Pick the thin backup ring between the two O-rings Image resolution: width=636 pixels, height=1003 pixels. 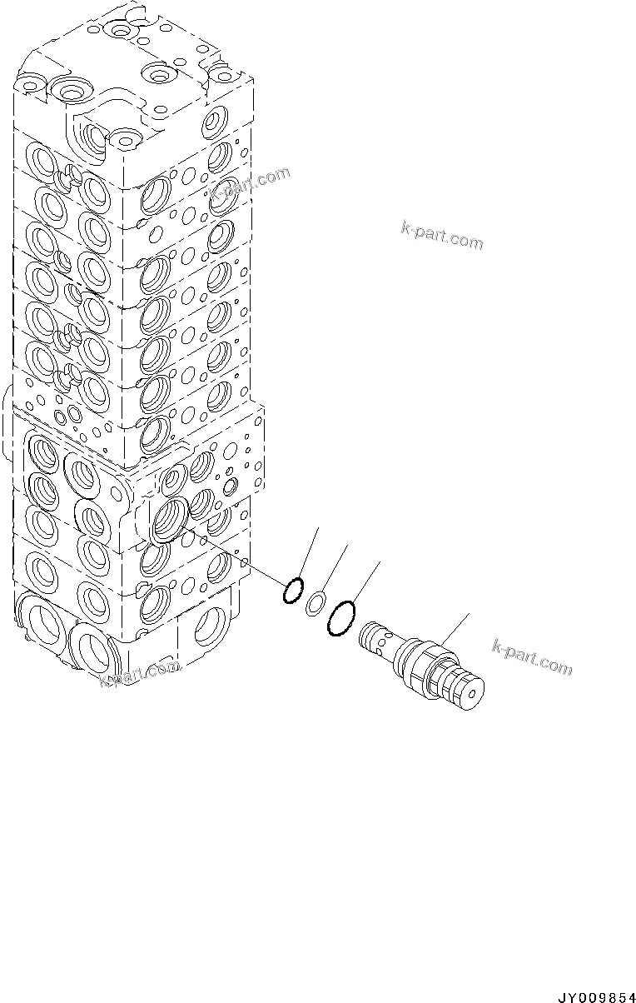point(316,603)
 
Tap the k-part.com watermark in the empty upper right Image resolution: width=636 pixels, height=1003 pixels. point(441,236)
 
